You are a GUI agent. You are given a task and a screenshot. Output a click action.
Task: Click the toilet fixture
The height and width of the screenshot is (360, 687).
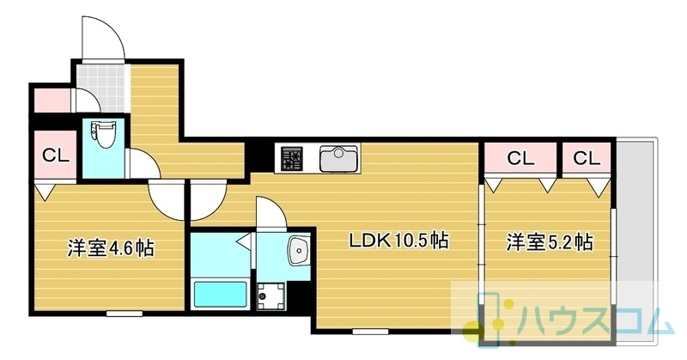100,134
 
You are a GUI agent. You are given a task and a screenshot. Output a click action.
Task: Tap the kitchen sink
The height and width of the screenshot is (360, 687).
339,158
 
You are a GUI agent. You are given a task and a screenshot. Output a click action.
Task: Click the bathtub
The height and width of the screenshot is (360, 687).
221,294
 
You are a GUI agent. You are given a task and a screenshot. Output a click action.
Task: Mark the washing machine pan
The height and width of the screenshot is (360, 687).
271,296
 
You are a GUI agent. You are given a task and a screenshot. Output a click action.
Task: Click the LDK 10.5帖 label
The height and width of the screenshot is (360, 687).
398,241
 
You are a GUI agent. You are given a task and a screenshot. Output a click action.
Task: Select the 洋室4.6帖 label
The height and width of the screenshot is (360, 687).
111,248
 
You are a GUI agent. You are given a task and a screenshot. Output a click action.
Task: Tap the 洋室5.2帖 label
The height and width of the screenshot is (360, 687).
550,242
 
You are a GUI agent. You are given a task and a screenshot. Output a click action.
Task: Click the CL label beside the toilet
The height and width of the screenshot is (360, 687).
56,155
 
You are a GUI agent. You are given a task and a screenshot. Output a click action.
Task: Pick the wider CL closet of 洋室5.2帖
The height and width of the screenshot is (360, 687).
520,158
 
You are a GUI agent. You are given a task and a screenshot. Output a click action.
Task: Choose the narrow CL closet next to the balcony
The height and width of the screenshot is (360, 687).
587,158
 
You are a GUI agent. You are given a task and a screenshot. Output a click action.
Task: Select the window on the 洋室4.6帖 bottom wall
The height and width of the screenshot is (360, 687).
125,314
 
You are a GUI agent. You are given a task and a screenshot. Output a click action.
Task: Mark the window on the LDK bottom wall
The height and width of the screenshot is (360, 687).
370,332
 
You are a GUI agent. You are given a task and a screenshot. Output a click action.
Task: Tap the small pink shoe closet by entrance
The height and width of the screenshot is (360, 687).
52,101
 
